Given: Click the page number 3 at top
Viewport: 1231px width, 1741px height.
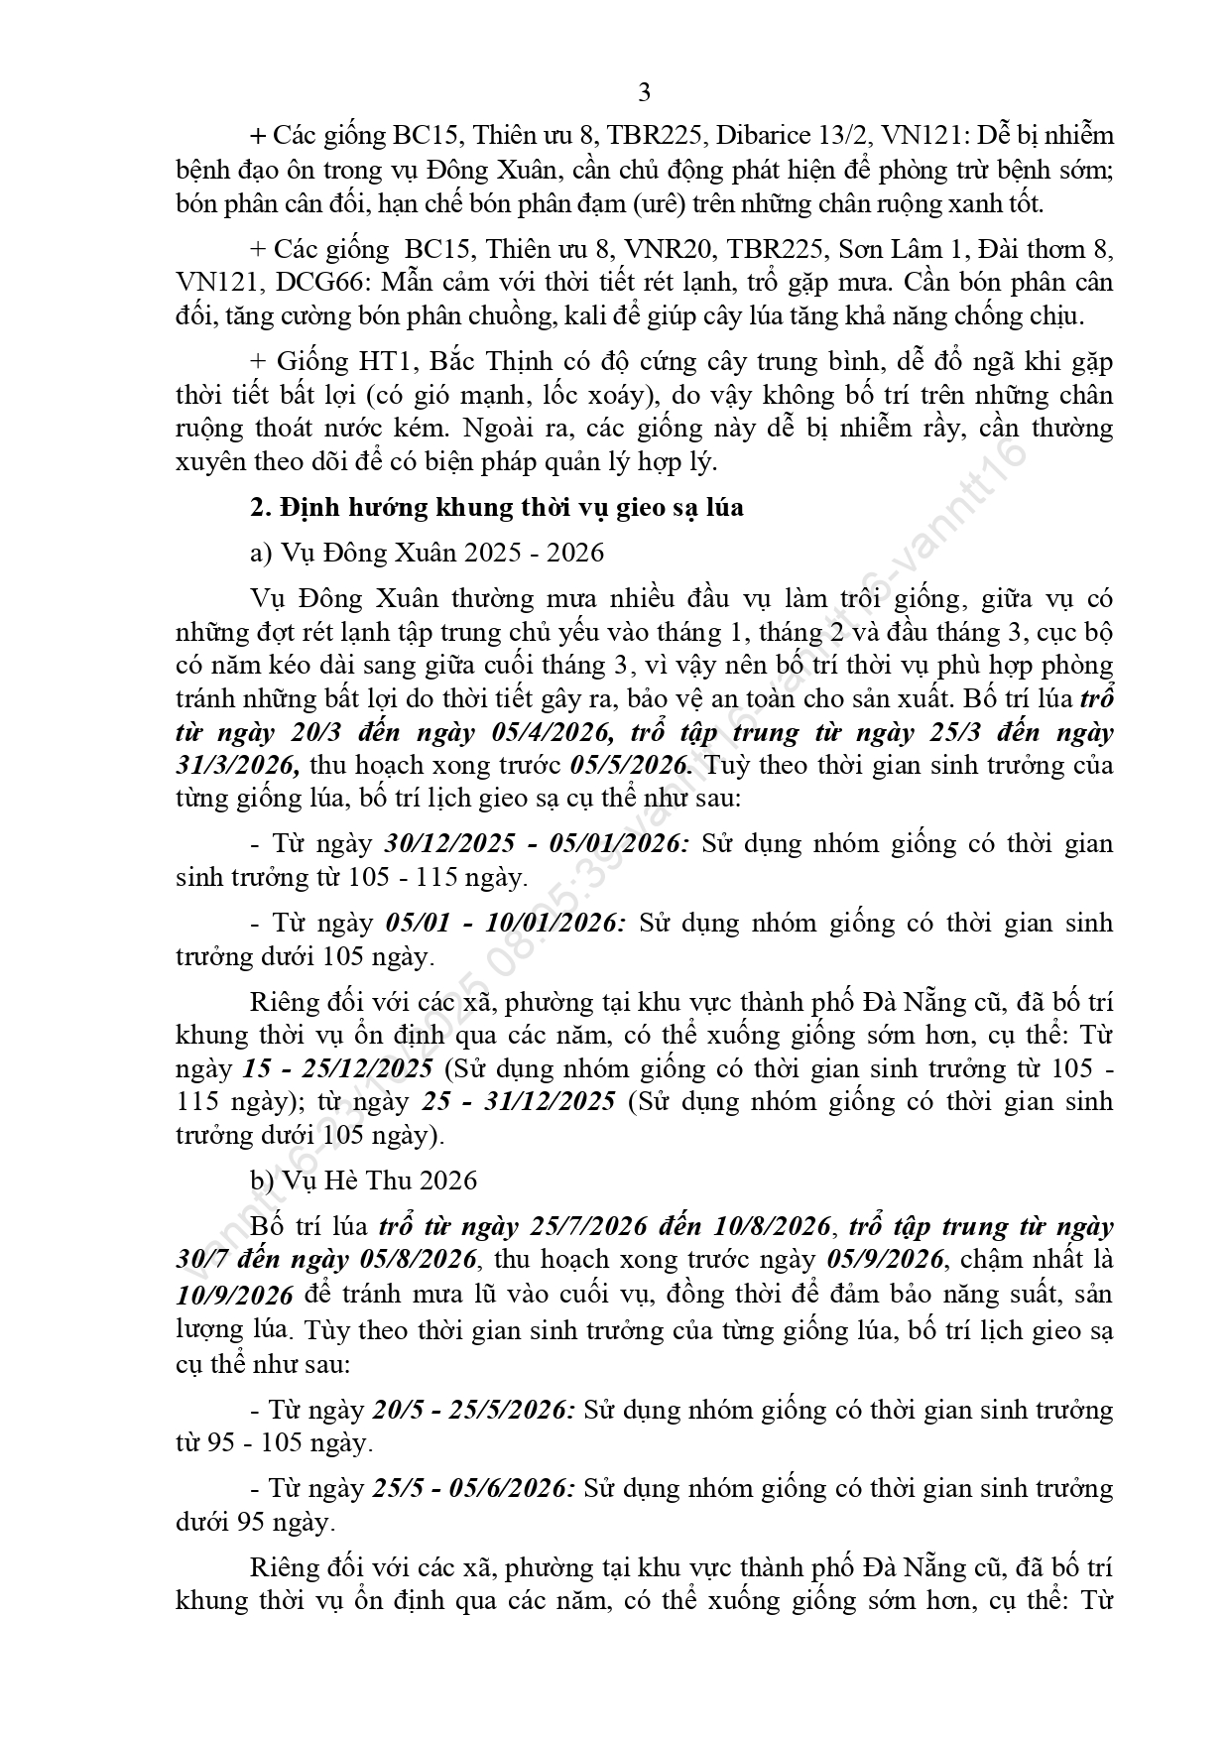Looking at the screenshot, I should coord(644,93).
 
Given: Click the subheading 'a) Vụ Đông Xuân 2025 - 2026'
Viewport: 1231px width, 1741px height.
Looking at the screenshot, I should coord(427,553).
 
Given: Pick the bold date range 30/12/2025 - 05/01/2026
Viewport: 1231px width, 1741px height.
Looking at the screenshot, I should coord(536,844).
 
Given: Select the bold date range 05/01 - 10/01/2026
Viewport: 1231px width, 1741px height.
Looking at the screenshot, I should coord(504,924).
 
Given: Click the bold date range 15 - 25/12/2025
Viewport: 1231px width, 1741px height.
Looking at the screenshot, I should coord(338,1068).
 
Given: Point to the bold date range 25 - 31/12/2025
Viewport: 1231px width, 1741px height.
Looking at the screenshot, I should coord(519,1102).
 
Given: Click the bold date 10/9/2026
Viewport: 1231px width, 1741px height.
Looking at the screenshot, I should coord(234,1296).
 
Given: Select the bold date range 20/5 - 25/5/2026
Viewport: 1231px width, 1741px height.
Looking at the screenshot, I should coord(473,1410).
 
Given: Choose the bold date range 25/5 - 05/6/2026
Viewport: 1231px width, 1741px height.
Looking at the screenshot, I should coord(473,1488).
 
